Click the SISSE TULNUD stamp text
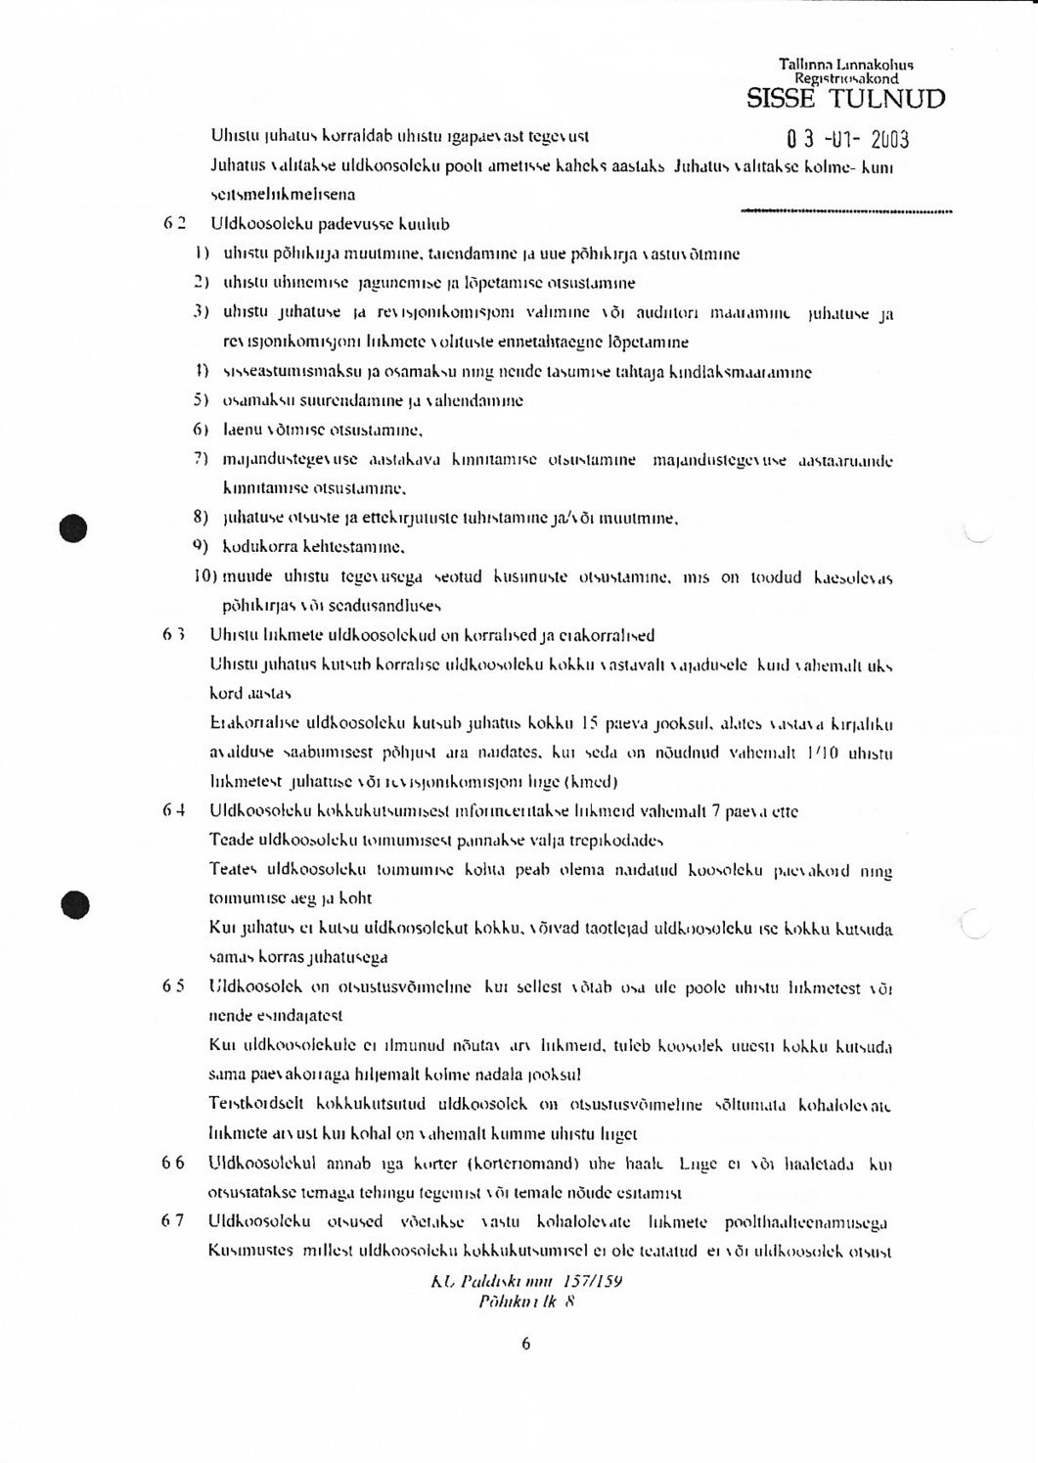[x=845, y=99]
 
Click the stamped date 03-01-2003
[x=847, y=139]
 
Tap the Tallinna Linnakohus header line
[x=846, y=65]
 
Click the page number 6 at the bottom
[x=525, y=1344]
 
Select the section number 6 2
[x=175, y=224]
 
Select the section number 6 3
[x=175, y=635]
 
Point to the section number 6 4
[x=175, y=811]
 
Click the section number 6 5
[x=175, y=987]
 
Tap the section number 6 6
[x=175, y=1164]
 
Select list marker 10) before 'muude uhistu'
[x=205, y=577]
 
